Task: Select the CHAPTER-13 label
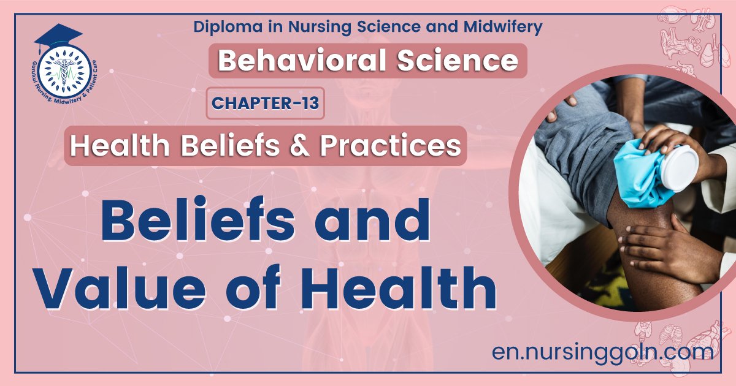[x=266, y=103]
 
